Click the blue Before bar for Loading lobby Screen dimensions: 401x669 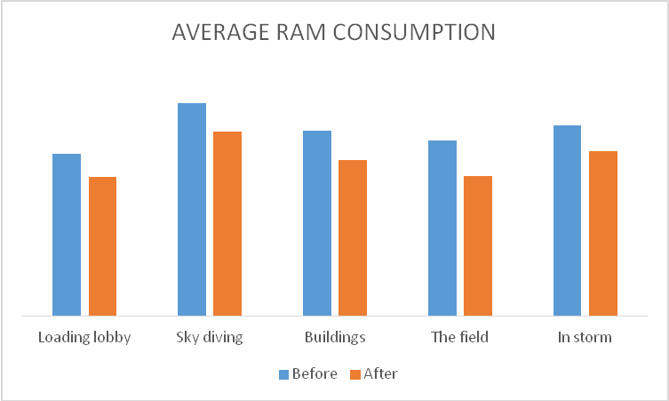pyautogui.click(x=67, y=235)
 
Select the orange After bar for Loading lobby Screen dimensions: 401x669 pyautogui.click(x=102, y=246)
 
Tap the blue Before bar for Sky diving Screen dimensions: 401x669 pyautogui.click(x=192, y=209)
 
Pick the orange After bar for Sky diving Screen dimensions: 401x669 pyautogui.click(x=227, y=223)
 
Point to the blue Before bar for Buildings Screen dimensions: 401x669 pyautogui.click(x=317, y=223)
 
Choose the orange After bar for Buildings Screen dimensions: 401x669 pyautogui.click(x=353, y=237)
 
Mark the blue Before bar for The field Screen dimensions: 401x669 pyautogui.click(x=442, y=228)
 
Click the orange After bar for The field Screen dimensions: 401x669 pyautogui.click(x=478, y=245)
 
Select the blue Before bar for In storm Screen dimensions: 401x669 pyautogui.click(x=567, y=221)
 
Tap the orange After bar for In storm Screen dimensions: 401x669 pyautogui.click(x=603, y=233)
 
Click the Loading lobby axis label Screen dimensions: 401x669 pyautogui.click(x=84, y=338)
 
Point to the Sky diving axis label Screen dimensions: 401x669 pyautogui.click(x=210, y=338)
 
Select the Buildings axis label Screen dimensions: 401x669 pyautogui.click(x=335, y=338)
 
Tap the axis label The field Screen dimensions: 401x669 pyautogui.click(x=459, y=338)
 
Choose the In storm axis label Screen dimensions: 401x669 pyautogui.click(x=585, y=338)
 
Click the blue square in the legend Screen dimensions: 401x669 pyautogui.click(x=284, y=374)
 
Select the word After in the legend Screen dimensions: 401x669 pyautogui.click(x=380, y=374)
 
